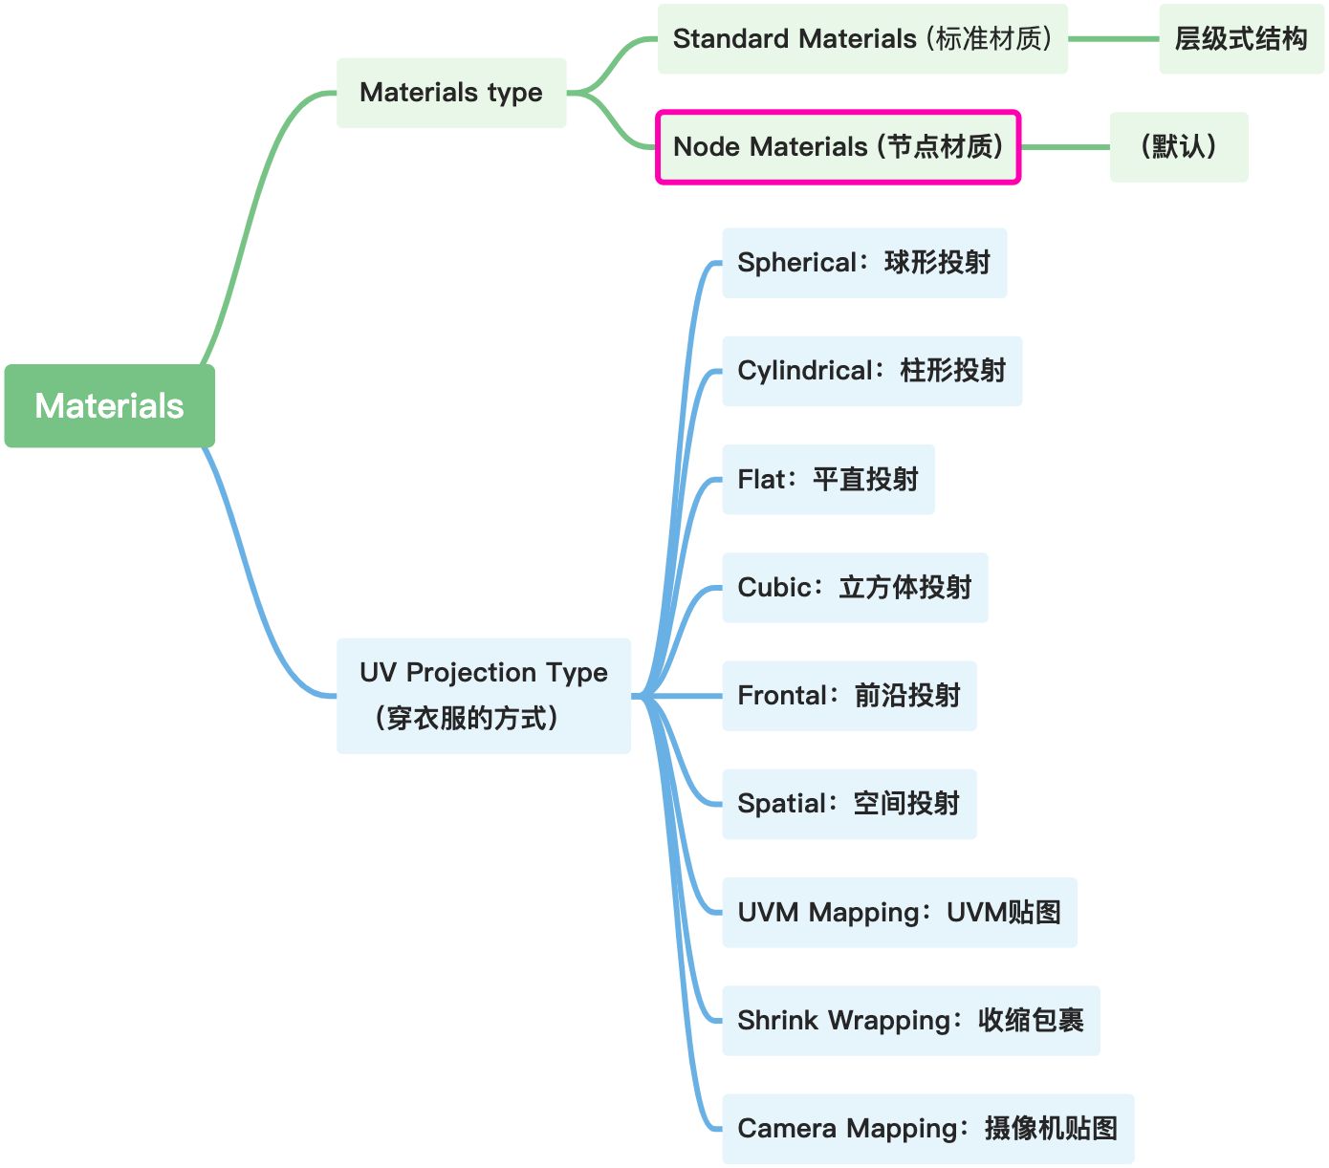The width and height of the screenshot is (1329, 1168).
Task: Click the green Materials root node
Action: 109,405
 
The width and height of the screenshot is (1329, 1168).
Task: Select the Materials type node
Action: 451,93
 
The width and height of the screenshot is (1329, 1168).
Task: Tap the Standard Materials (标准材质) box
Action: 861,39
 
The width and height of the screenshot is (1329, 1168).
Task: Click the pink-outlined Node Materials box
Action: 838,147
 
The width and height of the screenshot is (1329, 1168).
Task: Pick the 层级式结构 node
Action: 1241,39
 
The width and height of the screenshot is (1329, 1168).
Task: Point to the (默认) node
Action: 1178,147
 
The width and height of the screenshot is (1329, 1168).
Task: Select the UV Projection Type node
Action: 483,696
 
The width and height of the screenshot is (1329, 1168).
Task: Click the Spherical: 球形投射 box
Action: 863,263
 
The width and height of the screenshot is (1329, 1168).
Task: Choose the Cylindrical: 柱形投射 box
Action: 871,371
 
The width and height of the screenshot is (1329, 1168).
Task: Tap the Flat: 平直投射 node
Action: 827,479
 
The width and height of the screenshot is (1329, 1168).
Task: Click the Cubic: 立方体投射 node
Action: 854,588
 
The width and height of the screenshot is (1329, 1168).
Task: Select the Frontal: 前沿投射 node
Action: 848,696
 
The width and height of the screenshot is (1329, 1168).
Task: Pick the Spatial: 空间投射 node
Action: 848,804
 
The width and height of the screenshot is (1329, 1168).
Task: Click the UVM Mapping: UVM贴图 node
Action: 899,913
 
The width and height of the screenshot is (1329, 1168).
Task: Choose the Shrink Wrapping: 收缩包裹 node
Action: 910,1021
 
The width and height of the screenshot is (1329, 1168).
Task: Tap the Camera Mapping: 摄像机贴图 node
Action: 927,1129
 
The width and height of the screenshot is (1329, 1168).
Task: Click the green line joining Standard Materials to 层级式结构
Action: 1113,39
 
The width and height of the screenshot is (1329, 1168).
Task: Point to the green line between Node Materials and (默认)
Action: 1065,147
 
